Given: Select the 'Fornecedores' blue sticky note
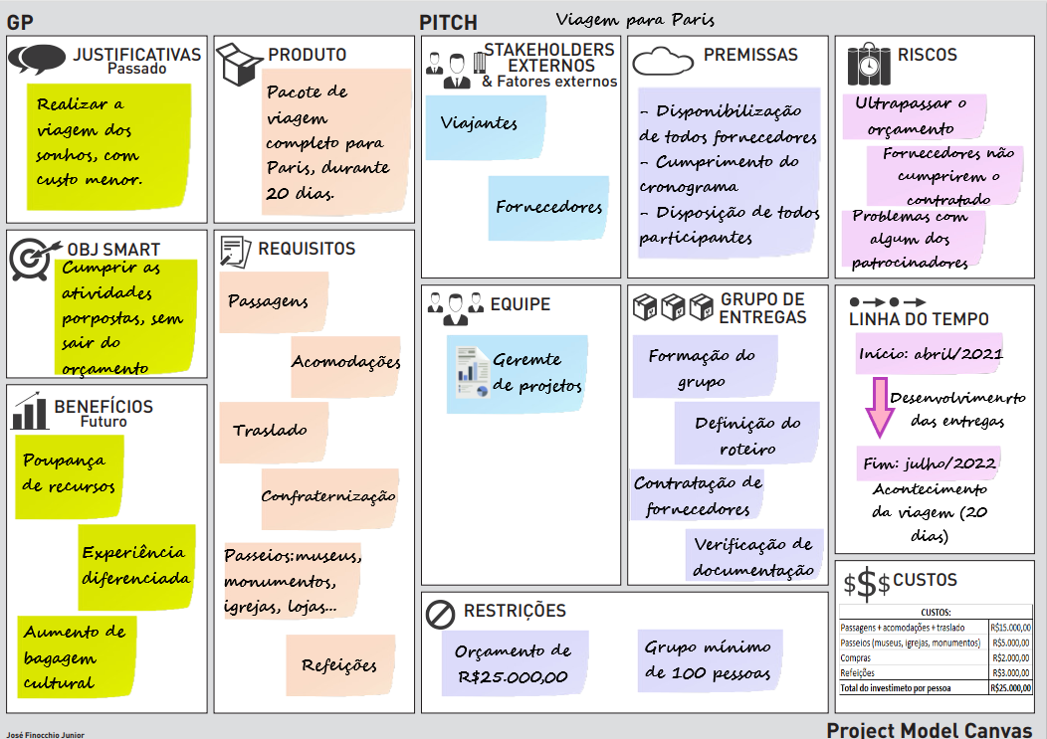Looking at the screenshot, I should click(548, 208).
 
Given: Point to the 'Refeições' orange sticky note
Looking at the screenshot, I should click(338, 665).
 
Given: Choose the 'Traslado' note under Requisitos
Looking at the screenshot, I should click(271, 431).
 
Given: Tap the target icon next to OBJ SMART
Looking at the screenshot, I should click(34, 257).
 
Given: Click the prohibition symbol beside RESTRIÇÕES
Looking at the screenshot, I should click(440, 614).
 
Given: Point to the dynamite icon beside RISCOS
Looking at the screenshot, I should click(868, 64).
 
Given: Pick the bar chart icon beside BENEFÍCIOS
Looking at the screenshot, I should click(31, 410).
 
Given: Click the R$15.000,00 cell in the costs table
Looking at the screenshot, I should click(1010, 628).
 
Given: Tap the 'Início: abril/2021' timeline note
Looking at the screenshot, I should click(930, 353).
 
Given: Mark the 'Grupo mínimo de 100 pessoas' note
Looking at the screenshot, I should click(708, 659).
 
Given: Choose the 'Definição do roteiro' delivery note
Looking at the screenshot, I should click(746, 435).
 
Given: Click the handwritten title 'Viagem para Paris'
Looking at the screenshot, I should click(635, 20).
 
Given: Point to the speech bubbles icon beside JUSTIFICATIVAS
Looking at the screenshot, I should click(37, 59).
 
